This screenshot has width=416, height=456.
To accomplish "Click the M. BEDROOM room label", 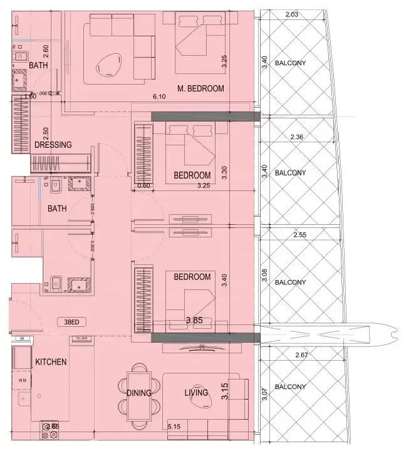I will point(200,88).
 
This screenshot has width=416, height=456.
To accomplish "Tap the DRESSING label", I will point(53,145).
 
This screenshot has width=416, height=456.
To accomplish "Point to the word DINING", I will point(138,393).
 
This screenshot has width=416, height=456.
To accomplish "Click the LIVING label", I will point(195,393).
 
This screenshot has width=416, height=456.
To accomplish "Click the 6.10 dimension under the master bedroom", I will point(159,97).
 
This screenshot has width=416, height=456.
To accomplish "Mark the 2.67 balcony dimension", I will point(302,355).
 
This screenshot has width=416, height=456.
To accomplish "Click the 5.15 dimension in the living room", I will point(174,427).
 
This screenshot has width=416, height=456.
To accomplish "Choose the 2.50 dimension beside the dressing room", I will point(45,134).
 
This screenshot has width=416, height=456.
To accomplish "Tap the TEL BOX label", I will point(81,339).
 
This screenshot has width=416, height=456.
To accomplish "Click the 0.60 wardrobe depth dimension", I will point(144,185).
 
